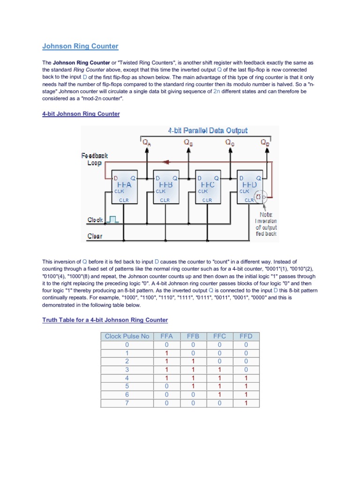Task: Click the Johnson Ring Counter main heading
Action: [x=80, y=46]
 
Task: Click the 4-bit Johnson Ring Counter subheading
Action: [x=81, y=114]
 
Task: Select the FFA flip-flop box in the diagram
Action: [x=124, y=187]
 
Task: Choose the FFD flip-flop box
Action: [x=248, y=187]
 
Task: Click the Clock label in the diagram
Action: [x=95, y=219]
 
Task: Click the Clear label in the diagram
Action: [x=95, y=236]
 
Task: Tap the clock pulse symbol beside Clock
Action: [x=113, y=218]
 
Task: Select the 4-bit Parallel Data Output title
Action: [x=208, y=130]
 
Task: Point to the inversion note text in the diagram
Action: [x=266, y=224]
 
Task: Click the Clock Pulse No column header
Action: [x=127, y=336]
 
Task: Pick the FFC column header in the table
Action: [x=219, y=336]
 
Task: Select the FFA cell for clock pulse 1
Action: [x=166, y=353]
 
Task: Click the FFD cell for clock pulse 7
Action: [x=246, y=403]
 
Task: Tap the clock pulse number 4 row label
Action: [x=127, y=378]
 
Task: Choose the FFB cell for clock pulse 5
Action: [x=193, y=386]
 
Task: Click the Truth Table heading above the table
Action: [x=105, y=320]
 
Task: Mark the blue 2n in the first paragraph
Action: [x=217, y=91]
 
